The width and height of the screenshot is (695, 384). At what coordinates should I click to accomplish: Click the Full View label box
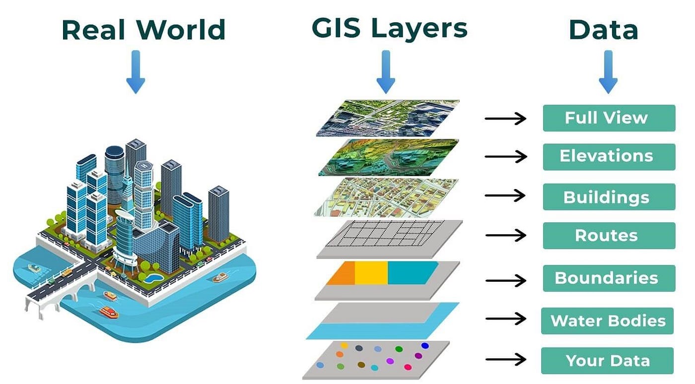click(x=609, y=118)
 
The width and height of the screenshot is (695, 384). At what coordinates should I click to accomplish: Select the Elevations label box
click(x=609, y=157)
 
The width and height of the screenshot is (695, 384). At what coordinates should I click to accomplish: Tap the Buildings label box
click(x=609, y=197)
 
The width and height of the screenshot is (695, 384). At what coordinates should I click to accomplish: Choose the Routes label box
click(x=609, y=235)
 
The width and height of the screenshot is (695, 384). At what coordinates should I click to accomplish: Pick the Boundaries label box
click(x=609, y=278)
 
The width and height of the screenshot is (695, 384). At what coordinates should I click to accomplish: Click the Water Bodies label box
click(x=608, y=320)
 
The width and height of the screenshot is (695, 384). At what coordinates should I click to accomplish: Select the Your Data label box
click(x=608, y=361)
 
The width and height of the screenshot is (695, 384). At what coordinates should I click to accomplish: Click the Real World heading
click(x=143, y=30)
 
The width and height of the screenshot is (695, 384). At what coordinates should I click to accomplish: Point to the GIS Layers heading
click(x=389, y=28)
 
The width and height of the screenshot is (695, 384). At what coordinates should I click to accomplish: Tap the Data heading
click(x=603, y=30)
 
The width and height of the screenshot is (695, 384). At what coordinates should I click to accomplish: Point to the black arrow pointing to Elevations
click(x=505, y=157)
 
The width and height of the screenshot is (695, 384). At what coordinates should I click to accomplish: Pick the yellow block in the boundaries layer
click(x=371, y=273)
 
